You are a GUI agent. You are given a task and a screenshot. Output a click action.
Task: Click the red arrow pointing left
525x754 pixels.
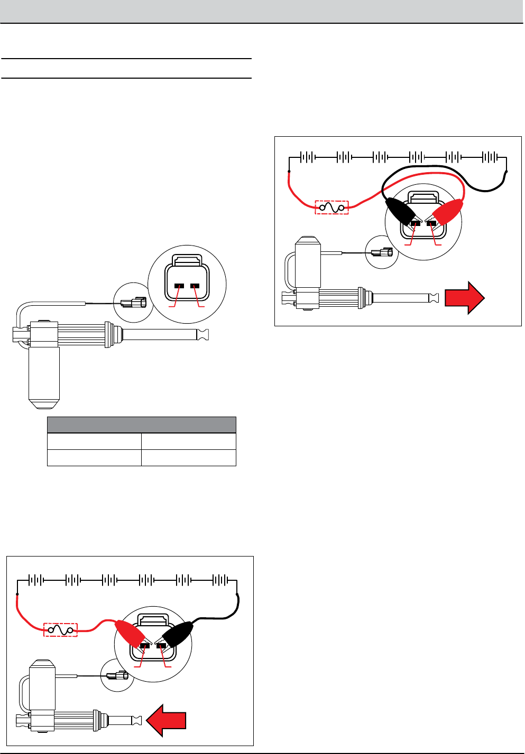point(167,722)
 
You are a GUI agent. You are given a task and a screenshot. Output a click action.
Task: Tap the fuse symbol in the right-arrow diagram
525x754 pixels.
point(331,208)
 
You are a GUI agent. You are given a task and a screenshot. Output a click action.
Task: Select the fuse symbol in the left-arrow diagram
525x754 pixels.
point(60,629)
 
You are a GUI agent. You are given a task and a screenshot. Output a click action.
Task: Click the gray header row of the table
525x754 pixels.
point(141,425)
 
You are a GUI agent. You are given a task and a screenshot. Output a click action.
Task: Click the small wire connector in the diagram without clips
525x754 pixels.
point(133,303)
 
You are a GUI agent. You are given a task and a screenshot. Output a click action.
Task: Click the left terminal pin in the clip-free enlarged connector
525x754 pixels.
point(179,287)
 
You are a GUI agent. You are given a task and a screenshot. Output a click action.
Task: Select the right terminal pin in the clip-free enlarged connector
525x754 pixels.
point(196,287)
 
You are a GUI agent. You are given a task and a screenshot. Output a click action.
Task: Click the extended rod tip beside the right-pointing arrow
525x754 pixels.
point(434,298)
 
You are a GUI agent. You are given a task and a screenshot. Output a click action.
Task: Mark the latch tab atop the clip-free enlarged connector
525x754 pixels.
point(188,260)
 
